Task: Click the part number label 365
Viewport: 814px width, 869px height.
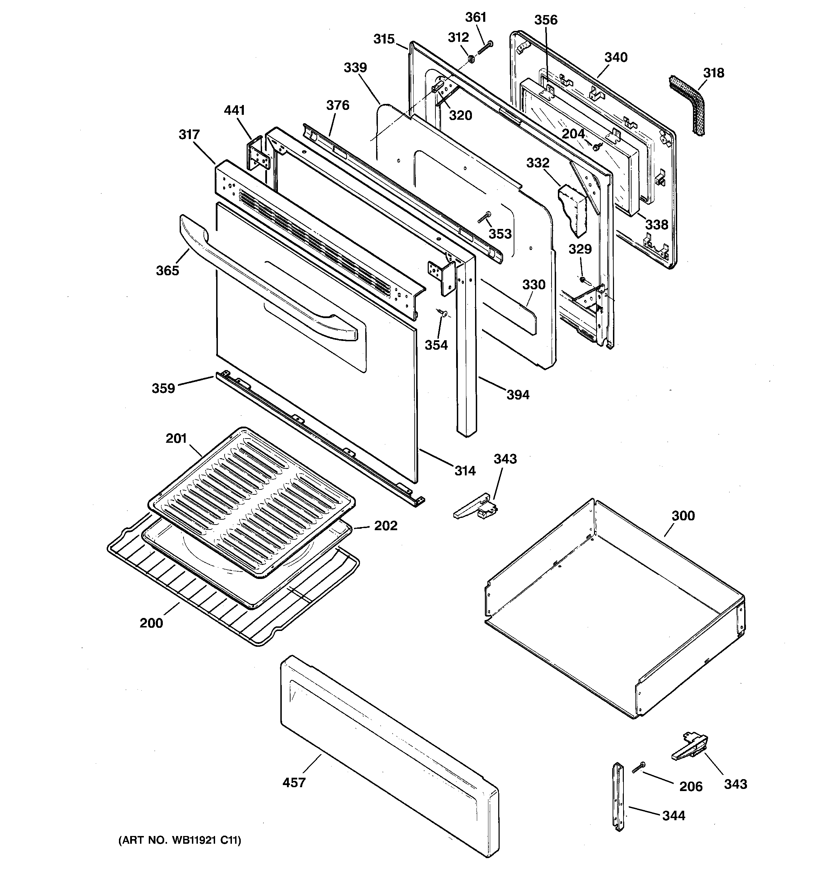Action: (x=167, y=271)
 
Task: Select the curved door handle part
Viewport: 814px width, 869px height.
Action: (x=262, y=280)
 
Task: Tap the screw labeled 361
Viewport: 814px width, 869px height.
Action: (x=485, y=48)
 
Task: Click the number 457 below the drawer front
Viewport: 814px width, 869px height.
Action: (x=294, y=782)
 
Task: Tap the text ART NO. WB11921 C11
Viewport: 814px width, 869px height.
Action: (x=180, y=840)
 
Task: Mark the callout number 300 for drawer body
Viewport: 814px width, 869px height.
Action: (x=683, y=516)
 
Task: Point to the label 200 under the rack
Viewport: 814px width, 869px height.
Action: (x=151, y=623)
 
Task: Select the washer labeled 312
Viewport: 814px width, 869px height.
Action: (x=472, y=58)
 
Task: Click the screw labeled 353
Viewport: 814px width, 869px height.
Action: (x=484, y=217)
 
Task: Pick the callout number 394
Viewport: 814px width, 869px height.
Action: (x=518, y=395)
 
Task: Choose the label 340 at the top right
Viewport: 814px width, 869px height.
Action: (x=616, y=57)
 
